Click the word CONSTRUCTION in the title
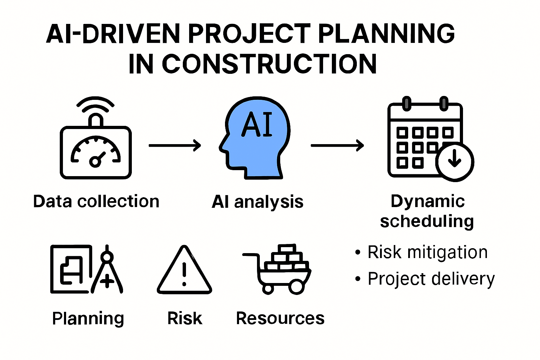point(269,64)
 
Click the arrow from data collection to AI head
point(175,145)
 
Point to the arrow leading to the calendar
point(337,145)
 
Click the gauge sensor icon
point(96,152)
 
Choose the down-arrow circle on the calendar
point(455,161)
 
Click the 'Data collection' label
point(96,201)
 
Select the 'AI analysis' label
point(257,202)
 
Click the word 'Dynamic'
point(427,201)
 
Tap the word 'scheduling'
point(427,221)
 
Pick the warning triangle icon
point(184,271)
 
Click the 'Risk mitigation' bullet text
point(427,252)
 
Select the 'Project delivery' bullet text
point(431,279)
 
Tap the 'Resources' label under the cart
point(280,318)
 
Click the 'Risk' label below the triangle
point(185,318)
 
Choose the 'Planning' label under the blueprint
point(88,319)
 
